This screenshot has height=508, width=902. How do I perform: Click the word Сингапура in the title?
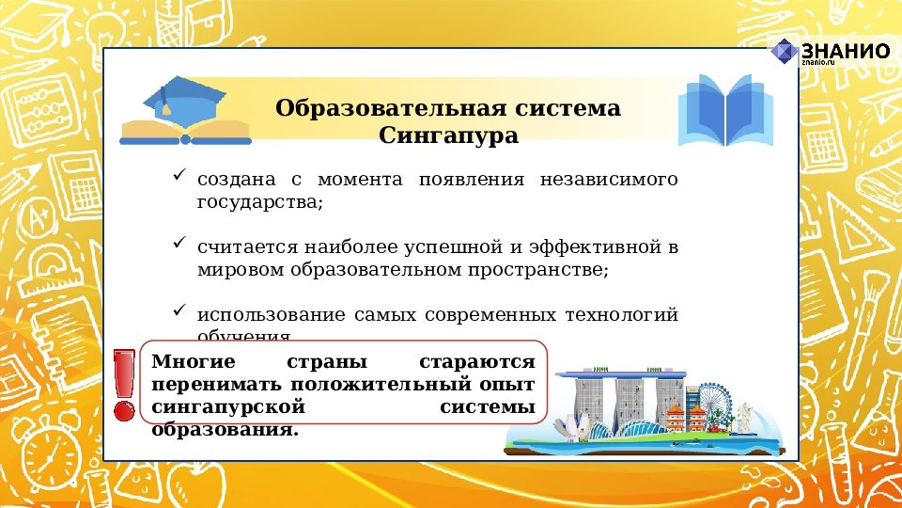[448, 136]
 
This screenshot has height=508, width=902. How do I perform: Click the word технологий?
[621, 314]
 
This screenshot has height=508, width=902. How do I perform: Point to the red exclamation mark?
[123, 384]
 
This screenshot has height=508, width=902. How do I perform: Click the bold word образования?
[225, 430]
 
